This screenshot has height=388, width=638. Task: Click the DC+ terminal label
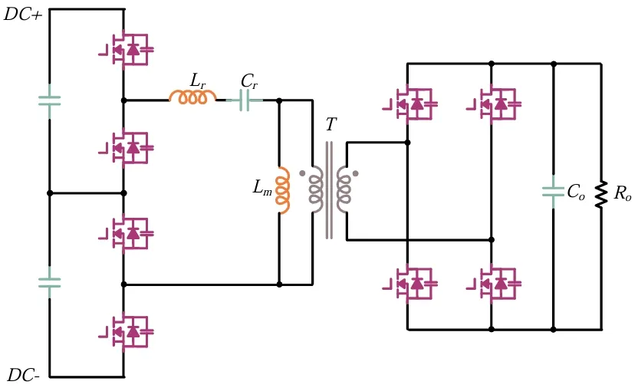tap(23, 15)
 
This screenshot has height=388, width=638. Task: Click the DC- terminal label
tap(23, 376)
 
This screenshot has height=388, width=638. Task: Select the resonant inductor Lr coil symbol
tap(192, 97)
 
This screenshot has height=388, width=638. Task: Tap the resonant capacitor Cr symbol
tap(245, 100)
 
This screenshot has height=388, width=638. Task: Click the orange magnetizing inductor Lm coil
tap(283, 190)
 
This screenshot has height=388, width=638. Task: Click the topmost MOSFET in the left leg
tap(129, 50)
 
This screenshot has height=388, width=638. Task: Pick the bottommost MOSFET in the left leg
tap(129, 331)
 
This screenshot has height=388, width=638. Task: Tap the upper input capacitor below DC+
tap(50, 100)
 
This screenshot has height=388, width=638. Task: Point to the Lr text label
tap(197, 81)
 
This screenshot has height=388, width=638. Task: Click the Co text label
tap(576, 192)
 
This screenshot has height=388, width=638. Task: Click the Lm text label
tap(262, 187)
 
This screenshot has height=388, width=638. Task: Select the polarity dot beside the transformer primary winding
tap(302, 173)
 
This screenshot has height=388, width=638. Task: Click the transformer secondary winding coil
tap(344, 189)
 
